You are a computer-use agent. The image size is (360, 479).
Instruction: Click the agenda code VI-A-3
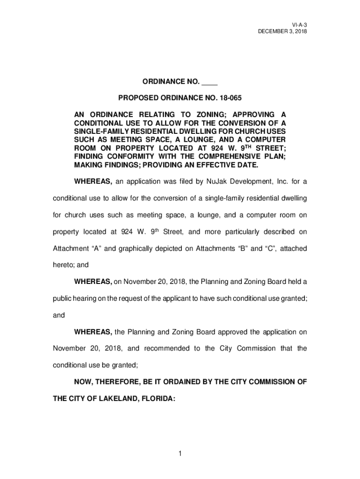299,24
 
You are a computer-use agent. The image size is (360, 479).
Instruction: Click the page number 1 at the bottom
180,453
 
